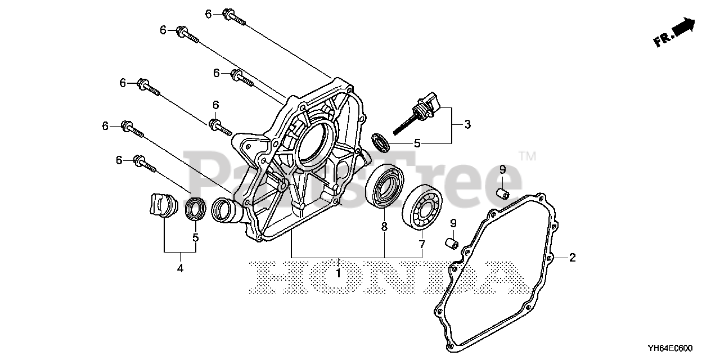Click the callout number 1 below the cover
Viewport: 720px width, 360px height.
click(338, 273)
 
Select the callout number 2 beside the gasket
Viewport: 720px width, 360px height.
click(572, 258)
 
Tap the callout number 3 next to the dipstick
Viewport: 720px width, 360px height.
click(466, 124)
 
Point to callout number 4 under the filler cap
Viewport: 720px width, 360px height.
click(180, 269)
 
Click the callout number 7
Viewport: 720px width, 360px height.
click(421, 244)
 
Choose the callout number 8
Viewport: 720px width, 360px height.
click(384, 227)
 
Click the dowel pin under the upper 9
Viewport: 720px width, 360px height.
click(502, 194)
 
